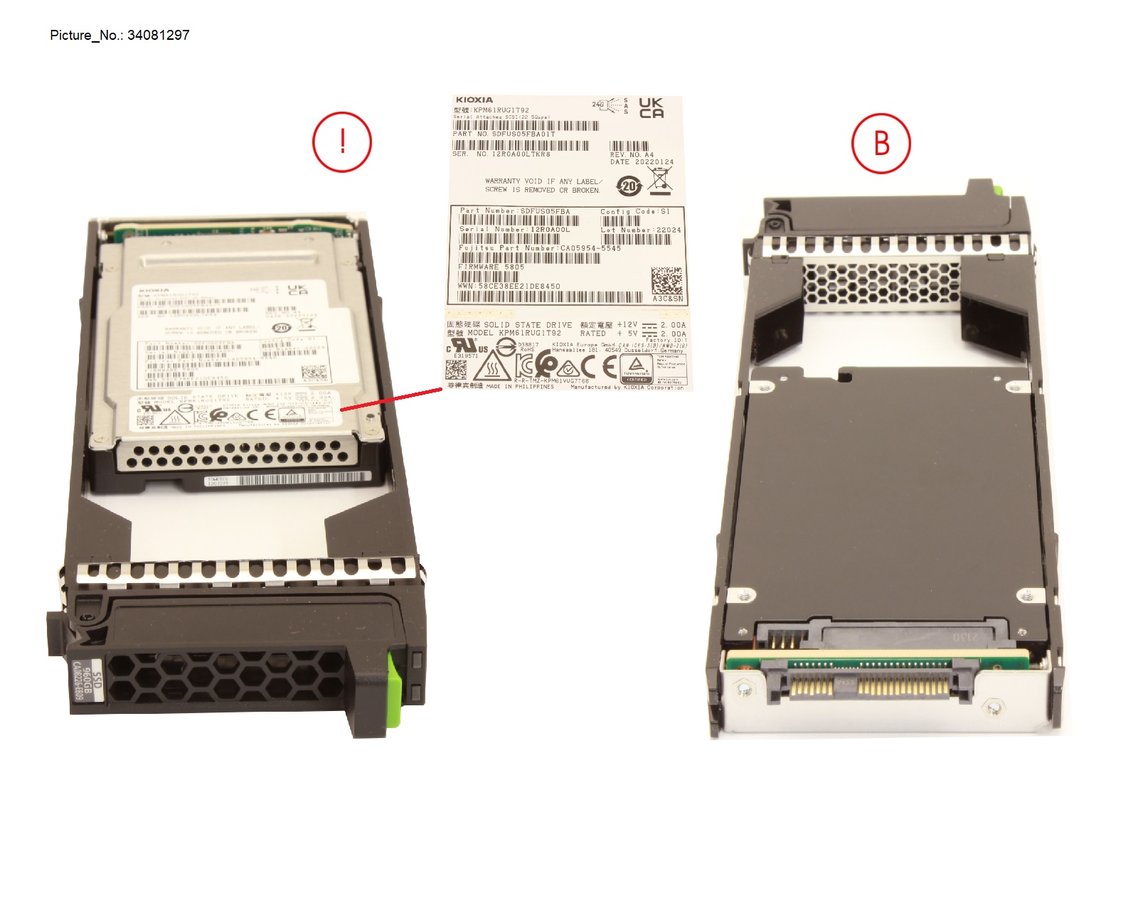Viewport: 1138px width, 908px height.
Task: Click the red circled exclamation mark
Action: pyautogui.click(x=342, y=141)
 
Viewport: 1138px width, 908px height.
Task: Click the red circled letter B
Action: pyautogui.click(x=881, y=142)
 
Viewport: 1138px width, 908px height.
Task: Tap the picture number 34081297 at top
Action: pyautogui.click(x=158, y=35)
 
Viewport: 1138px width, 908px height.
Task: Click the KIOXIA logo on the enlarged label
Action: pyautogui.click(x=474, y=100)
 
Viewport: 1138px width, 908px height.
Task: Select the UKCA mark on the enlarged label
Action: pyautogui.click(x=651, y=108)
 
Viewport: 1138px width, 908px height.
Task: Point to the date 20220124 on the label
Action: pyautogui.click(x=654, y=162)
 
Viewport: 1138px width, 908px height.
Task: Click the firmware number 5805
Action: pyautogui.click(x=514, y=267)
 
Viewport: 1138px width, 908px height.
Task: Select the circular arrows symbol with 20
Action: pyautogui.click(x=629, y=186)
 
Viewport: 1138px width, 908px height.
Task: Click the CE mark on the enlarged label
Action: pyautogui.click(x=599, y=366)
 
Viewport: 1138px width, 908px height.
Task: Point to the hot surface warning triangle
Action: pyautogui.click(x=491, y=366)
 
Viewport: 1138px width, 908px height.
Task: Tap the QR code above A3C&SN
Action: pyautogui.click(x=667, y=281)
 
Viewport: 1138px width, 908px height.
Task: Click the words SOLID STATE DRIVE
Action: pyautogui.click(x=528, y=325)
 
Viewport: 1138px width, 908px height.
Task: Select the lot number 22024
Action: pyautogui.click(x=669, y=230)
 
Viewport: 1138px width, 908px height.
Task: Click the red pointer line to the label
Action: pyautogui.click(x=391, y=399)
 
